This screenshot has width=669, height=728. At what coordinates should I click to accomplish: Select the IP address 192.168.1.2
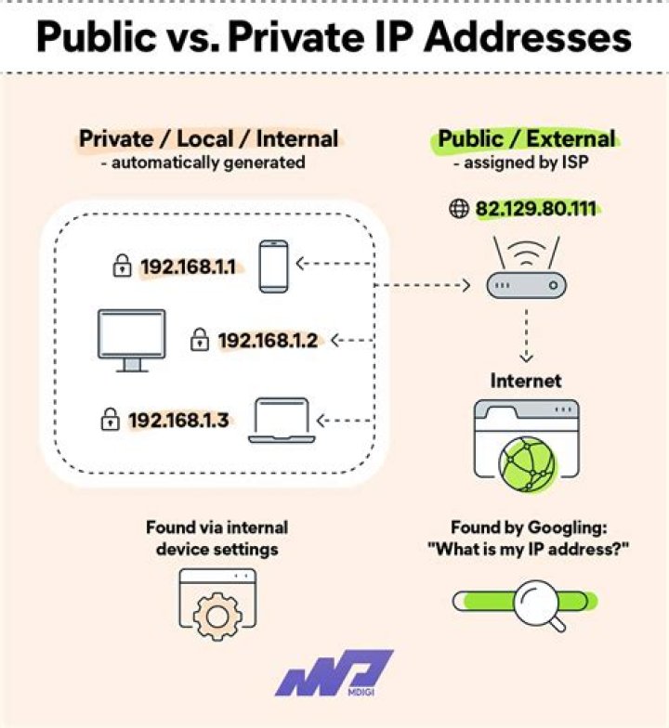point(269,341)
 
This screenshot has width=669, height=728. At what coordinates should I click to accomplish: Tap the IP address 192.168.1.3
point(178,420)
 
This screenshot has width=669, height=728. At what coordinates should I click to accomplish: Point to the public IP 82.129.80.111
point(536,209)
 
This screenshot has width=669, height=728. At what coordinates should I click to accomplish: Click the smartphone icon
point(273,266)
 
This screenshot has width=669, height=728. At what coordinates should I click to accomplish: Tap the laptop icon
point(282,421)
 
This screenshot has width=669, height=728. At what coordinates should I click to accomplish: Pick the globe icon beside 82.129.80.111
point(459,209)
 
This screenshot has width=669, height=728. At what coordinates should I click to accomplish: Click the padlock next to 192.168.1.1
point(122,268)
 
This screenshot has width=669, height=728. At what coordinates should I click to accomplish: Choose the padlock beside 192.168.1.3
point(110,420)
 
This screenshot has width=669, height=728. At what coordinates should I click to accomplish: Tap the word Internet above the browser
point(526,381)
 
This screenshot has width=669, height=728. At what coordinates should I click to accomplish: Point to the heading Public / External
point(527,139)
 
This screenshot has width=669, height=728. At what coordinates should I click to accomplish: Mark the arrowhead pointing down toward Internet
point(526,357)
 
